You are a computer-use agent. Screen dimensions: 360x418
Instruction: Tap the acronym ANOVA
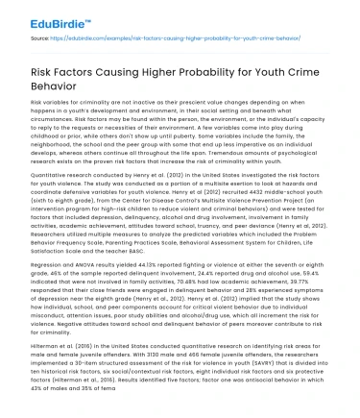coord(84,286)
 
